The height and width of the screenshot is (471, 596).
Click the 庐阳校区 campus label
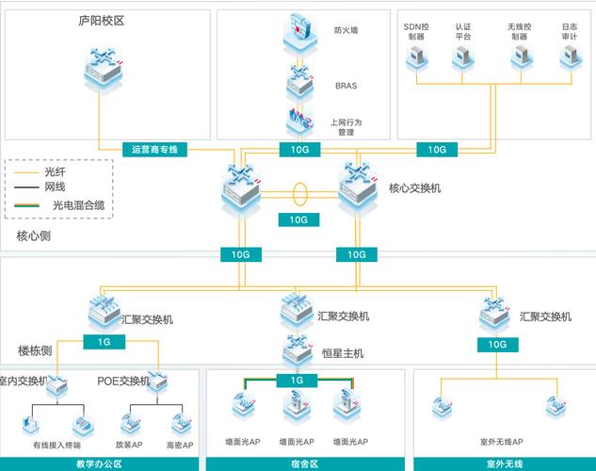coord(102,20)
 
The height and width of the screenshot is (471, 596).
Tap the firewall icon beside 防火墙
coord(300,33)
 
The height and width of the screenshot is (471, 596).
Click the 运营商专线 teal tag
coord(156,149)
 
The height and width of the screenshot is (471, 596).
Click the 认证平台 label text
coord(462,32)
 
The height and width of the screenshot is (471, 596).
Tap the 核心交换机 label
coord(414,188)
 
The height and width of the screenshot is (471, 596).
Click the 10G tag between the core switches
coord(298,219)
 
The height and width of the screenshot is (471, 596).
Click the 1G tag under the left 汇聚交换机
coord(105,343)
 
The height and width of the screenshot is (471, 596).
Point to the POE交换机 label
coord(123,381)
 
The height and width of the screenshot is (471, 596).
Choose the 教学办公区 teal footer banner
coord(99,463)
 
